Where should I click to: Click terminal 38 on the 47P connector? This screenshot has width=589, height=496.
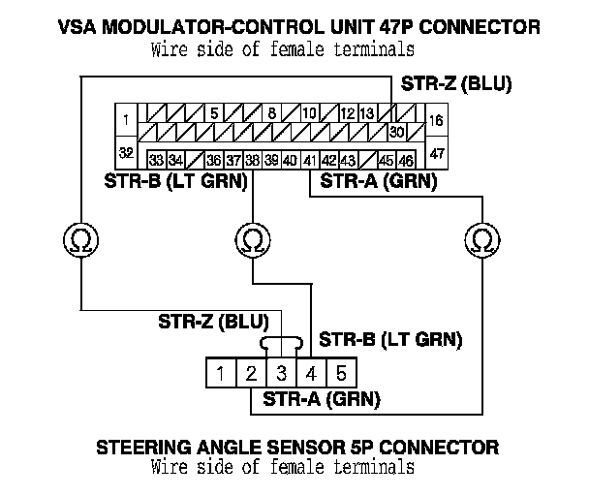click(x=252, y=160)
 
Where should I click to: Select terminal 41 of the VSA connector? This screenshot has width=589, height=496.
click(x=311, y=160)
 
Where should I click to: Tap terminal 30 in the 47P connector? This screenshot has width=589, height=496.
click(x=395, y=132)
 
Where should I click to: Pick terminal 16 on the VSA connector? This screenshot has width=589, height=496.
click(x=436, y=120)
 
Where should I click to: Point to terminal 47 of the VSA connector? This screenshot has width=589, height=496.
click(x=436, y=154)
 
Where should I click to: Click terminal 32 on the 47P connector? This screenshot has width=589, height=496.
click(x=126, y=154)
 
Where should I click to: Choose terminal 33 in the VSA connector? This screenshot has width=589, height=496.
click(x=156, y=160)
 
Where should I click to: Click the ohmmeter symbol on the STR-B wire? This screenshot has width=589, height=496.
click(x=252, y=236)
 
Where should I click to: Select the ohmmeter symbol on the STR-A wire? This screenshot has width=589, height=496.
click(x=480, y=236)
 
